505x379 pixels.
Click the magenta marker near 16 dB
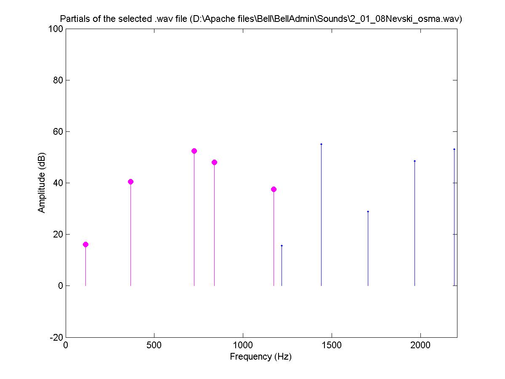(85, 244)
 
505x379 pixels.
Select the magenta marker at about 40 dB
(130, 181)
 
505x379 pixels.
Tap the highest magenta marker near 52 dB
(194, 151)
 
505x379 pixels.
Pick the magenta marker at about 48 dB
(214, 162)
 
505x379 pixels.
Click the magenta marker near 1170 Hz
(274, 189)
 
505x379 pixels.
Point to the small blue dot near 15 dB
(282, 246)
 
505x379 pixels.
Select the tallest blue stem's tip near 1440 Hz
(321, 144)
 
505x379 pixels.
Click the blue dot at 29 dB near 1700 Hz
(368, 211)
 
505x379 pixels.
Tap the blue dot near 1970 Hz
(415, 161)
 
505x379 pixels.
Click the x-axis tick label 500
(154, 345)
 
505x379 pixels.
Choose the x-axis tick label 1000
(243, 345)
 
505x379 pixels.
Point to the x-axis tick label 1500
(332, 345)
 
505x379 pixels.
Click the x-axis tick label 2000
(420, 345)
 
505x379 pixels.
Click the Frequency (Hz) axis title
(260, 357)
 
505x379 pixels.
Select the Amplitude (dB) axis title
(42, 183)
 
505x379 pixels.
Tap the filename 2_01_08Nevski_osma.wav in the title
(402, 19)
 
